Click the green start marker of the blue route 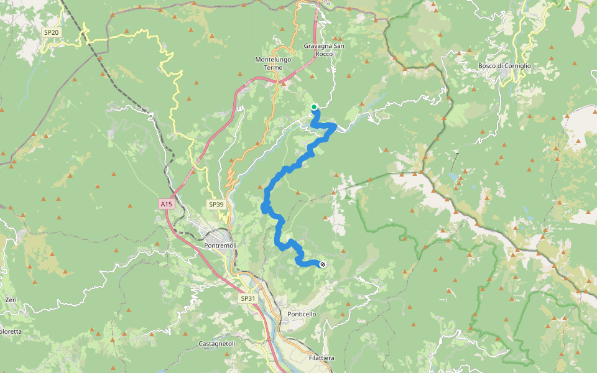(x=314, y=107)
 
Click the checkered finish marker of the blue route (x=322, y=265)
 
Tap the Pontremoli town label (x=220, y=246)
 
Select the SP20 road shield (x=51, y=32)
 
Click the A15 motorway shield (x=165, y=203)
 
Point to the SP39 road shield (x=216, y=204)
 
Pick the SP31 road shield (x=248, y=298)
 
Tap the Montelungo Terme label (x=273, y=63)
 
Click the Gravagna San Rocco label (x=324, y=50)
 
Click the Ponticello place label (x=302, y=314)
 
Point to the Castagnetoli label (x=217, y=343)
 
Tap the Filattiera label (x=322, y=358)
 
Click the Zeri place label (x=11, y=300)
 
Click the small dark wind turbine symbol (x=458, y=153)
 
